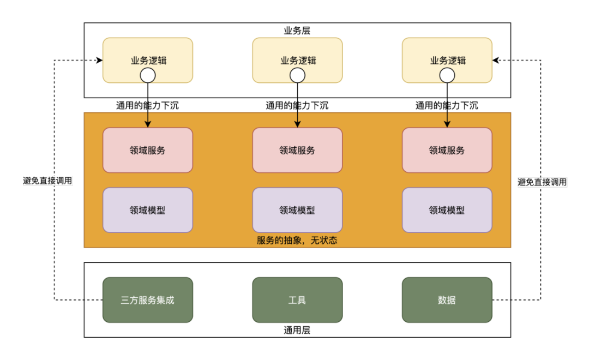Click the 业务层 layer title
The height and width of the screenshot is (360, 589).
pyautogui.click(x=297, y=31)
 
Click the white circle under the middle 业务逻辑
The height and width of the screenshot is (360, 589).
pyautogui.click(x=297, y=75)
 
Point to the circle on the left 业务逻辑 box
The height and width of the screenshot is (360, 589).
pyautogui.click(x=148, y=75)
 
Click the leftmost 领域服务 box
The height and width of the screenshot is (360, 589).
pyautogui.click(x=148, y=150)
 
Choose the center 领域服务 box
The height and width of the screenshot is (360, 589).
pyautogui.click(x=297, y=150)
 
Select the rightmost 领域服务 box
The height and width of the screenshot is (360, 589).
pyautogui.click(x=447, y=150)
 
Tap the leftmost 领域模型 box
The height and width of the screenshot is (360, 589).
pyautogui.click(x=148, y=210)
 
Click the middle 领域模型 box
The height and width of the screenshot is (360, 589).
pyautogui.click(x=297, y=210)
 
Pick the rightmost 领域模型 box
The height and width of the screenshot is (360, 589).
pyautogui.click(x=447, y=210)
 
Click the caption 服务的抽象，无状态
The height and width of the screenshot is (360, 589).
pyautogui.click(x=297, y=240)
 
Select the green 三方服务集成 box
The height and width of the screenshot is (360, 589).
pyautogui.click(x=148, y=300)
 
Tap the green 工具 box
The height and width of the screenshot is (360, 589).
pyautogui.click(x=297, y=300)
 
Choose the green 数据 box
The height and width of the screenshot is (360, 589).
pyautogui.click(x=447, y=300)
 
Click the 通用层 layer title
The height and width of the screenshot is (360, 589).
pyautogui.click(x=297, y=330)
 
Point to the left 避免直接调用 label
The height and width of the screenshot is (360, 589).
pyautogui.click(x=48, y=181)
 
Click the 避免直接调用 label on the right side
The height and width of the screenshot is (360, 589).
pyautogui.click(x=542, y=182)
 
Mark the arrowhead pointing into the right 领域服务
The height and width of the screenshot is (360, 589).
pyautogui.click(x=447, y=124)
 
